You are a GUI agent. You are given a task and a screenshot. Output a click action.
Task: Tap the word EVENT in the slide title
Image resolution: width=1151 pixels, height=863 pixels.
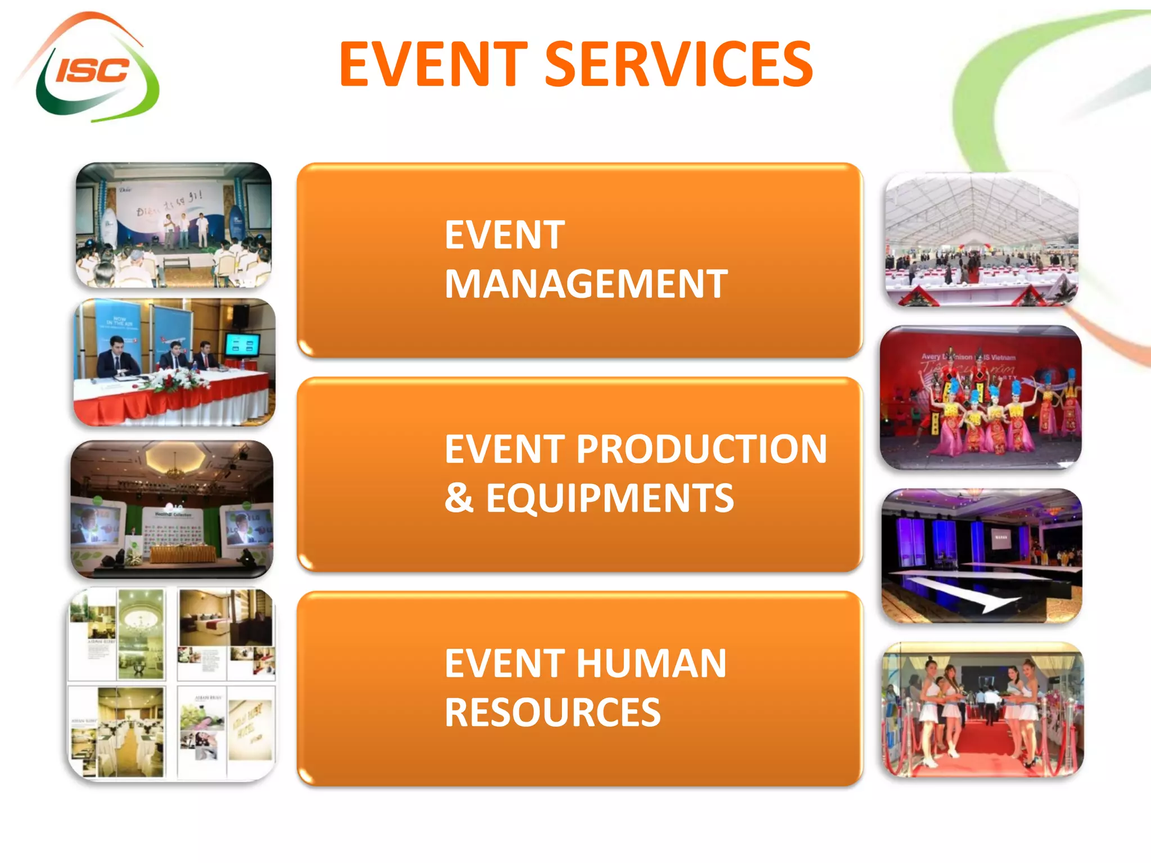[x=433, y=65]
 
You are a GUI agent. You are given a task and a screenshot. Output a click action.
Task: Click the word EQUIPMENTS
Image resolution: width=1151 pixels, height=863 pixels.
[x=610, y=498]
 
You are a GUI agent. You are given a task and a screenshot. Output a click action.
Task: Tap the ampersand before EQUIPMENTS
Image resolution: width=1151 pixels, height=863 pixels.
[x=459, y=498]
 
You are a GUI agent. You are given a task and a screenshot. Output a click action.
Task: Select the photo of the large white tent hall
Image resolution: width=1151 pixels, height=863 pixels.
[x=981, y=239]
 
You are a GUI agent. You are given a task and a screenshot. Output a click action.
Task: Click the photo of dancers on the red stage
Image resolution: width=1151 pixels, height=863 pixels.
[x=981, y=398]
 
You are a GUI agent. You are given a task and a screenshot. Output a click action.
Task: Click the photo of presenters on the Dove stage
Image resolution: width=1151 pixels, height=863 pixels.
[x=174, y=225]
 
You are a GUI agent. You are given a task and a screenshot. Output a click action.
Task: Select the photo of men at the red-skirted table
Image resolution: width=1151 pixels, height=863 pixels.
[x=174, y=362]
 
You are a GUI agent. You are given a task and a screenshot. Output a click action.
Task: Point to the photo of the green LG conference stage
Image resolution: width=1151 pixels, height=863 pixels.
[x=172, y=509]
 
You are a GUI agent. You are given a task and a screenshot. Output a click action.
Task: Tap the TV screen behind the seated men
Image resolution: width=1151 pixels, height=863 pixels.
[x=242, y=345]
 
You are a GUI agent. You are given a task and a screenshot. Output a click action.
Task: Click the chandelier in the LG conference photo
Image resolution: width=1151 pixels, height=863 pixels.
[x=175, y=470]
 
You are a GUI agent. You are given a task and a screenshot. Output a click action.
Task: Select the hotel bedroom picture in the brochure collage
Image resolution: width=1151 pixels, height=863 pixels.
[x=225, y=618]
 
